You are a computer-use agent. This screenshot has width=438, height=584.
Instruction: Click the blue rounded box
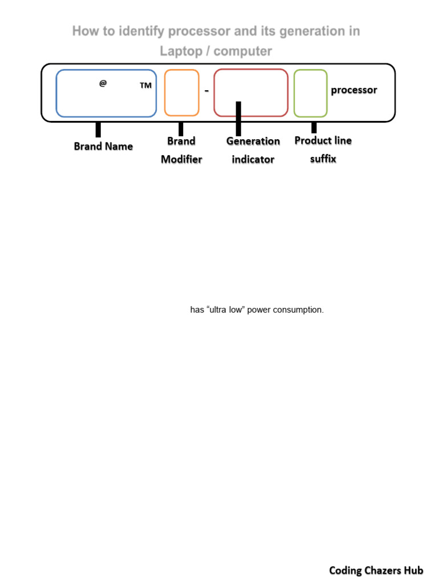106,93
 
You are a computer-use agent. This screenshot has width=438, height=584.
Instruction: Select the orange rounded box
181,93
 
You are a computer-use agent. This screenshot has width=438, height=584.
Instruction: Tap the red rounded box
251,86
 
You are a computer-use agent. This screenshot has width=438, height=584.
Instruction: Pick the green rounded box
310,93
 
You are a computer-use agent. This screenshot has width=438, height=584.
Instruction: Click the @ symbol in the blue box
103,83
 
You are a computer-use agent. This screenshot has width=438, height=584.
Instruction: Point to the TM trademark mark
145,86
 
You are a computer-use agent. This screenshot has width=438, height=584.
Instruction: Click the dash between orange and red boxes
206,90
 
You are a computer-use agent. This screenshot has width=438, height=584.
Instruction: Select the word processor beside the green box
354,90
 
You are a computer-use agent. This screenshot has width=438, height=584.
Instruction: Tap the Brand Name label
103,147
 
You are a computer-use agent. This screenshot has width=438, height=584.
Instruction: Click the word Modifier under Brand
181,160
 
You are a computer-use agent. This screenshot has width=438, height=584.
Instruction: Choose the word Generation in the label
253,141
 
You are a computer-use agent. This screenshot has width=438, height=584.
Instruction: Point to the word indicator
253,160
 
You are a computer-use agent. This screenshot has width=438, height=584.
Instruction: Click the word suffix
323,159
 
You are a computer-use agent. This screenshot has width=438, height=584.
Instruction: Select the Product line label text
323,141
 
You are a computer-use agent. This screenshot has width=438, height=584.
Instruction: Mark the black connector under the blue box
98,129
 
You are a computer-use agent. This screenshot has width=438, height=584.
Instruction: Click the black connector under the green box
314,127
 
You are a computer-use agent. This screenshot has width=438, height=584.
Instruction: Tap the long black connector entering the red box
238,119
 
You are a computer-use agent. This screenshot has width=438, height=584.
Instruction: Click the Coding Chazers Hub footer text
376,570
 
